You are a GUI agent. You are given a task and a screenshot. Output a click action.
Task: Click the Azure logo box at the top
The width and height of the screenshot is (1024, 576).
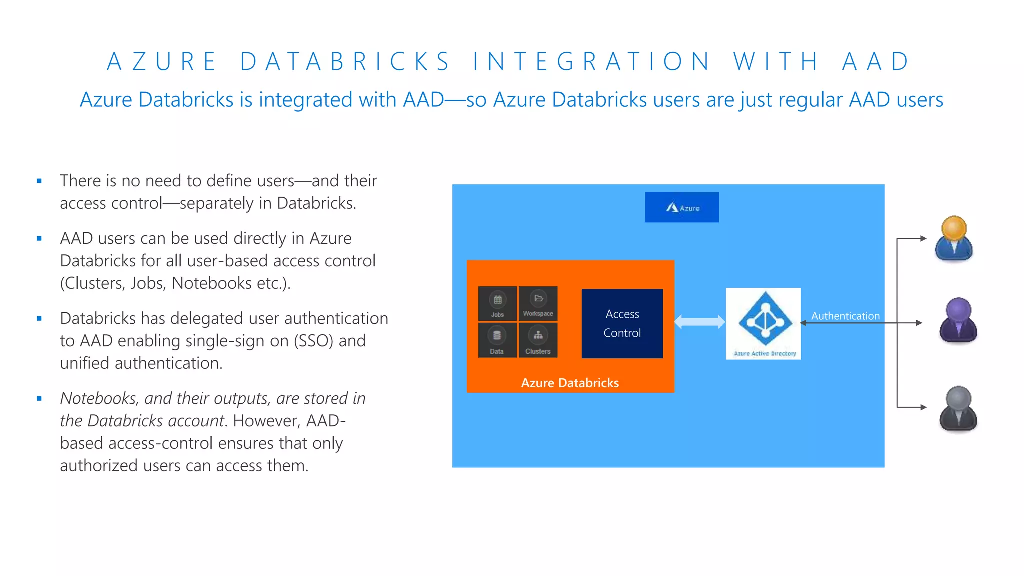coord(681,207)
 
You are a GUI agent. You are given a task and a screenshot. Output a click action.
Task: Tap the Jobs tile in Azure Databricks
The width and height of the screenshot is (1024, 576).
coord(497,303)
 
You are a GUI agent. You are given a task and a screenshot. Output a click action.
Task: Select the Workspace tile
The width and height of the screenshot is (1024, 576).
coord(538,303)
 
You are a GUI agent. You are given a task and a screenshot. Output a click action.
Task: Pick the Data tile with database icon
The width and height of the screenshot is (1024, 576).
coord(497,340)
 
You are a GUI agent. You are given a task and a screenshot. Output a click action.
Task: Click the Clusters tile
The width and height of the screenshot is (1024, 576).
coord(538,340)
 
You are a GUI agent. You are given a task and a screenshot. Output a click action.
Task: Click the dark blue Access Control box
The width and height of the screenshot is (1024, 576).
coord(622,323)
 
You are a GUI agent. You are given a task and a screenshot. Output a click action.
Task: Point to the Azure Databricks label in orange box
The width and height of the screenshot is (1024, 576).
coord(570,383)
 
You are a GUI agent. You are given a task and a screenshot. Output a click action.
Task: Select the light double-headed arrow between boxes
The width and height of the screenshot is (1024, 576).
coord(699,322)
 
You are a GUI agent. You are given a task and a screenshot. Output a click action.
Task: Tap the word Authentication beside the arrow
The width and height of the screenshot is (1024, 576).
coord(845,316)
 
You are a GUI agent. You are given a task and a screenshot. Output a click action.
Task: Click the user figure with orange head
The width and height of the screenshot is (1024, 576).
coord(954,239)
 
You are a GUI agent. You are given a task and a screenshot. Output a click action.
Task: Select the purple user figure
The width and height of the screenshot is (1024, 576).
coord(958,321)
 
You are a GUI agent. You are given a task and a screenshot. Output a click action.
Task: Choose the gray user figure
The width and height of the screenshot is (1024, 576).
coord(958,408)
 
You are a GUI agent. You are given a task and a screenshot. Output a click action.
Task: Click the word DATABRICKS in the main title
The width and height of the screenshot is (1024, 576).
coord(345,62)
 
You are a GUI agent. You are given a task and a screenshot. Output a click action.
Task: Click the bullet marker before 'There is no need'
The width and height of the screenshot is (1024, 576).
coord(39,181)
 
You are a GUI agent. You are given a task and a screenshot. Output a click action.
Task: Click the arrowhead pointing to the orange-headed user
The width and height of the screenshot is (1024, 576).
coord(923,239)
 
